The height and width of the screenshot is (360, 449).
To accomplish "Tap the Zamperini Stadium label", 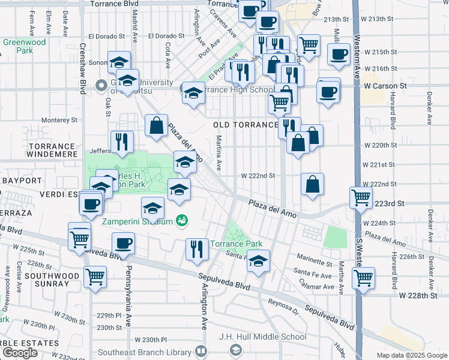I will pyautogui.click(x=137, y=221).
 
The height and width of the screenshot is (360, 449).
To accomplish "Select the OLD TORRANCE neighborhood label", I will pyautogui.click(x=246, y=125).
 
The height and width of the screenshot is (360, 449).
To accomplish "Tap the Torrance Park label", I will pyautogui.click(x=236, y=244).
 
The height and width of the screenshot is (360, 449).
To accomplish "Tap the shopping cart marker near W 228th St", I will pyautogui.click(x=363, y=277).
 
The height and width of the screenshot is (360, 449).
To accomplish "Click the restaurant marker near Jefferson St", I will pyautogui.click(x=122, y=141).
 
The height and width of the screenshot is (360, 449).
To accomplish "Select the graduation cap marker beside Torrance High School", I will pyautogui.click(x=193, y=93).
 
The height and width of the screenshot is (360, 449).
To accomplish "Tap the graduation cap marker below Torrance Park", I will pyautogui.click(x=259, y=261).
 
